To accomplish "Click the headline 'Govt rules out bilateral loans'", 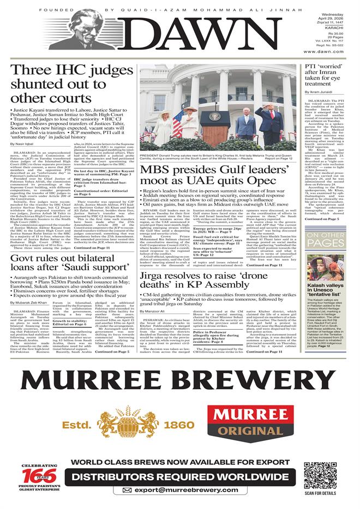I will coord(68,273).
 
